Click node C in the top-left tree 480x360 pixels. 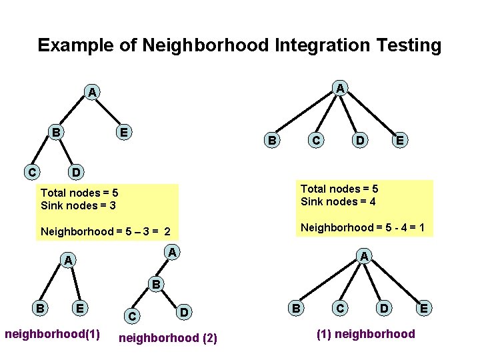32,172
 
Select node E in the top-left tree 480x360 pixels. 123,132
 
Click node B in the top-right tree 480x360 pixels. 271,140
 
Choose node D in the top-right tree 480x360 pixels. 360,140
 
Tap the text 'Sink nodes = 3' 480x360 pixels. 78,205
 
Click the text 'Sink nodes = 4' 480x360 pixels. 338,201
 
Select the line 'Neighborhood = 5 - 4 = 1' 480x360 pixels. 363,227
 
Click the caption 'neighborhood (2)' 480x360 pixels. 167,338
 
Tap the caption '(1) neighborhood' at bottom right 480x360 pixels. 366,334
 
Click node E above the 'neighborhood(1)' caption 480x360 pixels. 80,308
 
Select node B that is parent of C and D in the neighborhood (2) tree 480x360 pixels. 155,283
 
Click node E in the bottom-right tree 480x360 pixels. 424,308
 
